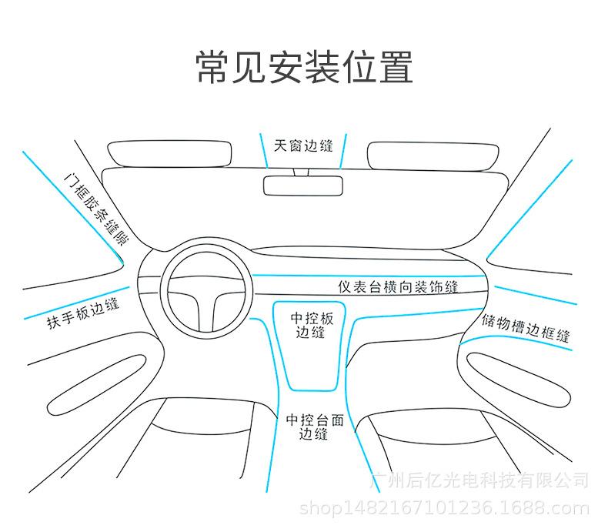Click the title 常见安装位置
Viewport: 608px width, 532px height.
(304, 67)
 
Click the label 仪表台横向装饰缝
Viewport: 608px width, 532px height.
(398, 286)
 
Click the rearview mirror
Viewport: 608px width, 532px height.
(303, 185)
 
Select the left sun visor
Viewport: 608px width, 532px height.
(169, 153)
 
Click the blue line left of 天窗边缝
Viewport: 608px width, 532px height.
(263, 151)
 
